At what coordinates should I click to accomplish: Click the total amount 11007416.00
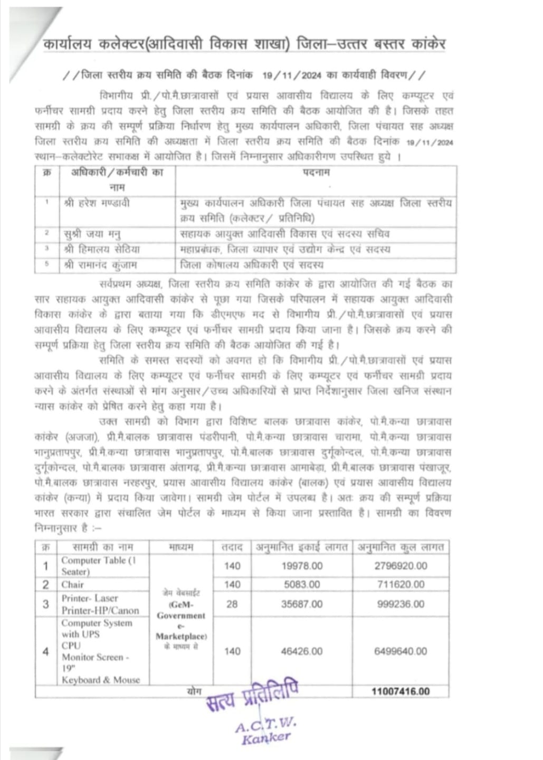[x=401, y=691]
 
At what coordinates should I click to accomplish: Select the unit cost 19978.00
[x=302, y=566]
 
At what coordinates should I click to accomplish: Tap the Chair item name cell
[x=73, y=584]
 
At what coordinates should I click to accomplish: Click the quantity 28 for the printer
[x=232, y=604]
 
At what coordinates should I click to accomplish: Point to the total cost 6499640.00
[x=401, y=651]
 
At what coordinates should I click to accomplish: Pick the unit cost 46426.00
[x=302, y=651]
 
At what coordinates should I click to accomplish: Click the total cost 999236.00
[x=401, y=604]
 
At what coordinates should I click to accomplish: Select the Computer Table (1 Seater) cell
[x=99, y=566]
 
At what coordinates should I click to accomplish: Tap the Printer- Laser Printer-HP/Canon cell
[x=100, y=604]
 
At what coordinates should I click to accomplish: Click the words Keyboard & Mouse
[x=101, y=680]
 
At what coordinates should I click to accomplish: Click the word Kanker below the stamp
[x=266, y=738]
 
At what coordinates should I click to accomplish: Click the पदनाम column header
[x=316, y=173]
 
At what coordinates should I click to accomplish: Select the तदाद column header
[x=232, y=547]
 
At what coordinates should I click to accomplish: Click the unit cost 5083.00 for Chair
[x=302, y=584]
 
